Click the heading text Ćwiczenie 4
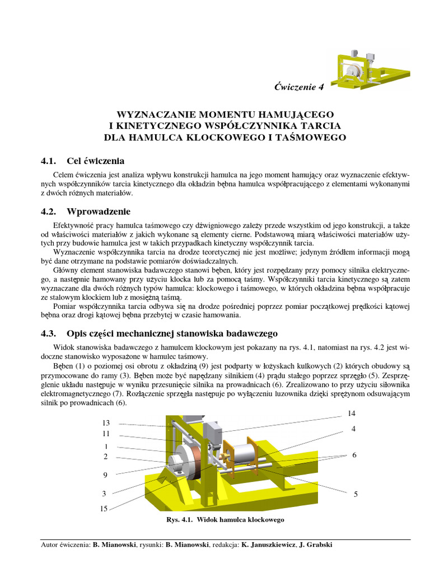click(x=299, y=87)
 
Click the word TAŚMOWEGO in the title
click(x=312, y=137)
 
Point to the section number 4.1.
click(x=49, y=162)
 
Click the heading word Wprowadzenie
click(x=98, y=212)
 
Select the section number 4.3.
click(x=49, y=334)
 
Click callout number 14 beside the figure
click(x=352, y=414)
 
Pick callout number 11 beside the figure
click(x=105, y=433)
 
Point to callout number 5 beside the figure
click(x=356, y=494)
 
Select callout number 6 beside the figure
click(x=354, y=455)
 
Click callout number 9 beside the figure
click(x=105, y=475)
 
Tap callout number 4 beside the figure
click(x=354, y=429)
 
